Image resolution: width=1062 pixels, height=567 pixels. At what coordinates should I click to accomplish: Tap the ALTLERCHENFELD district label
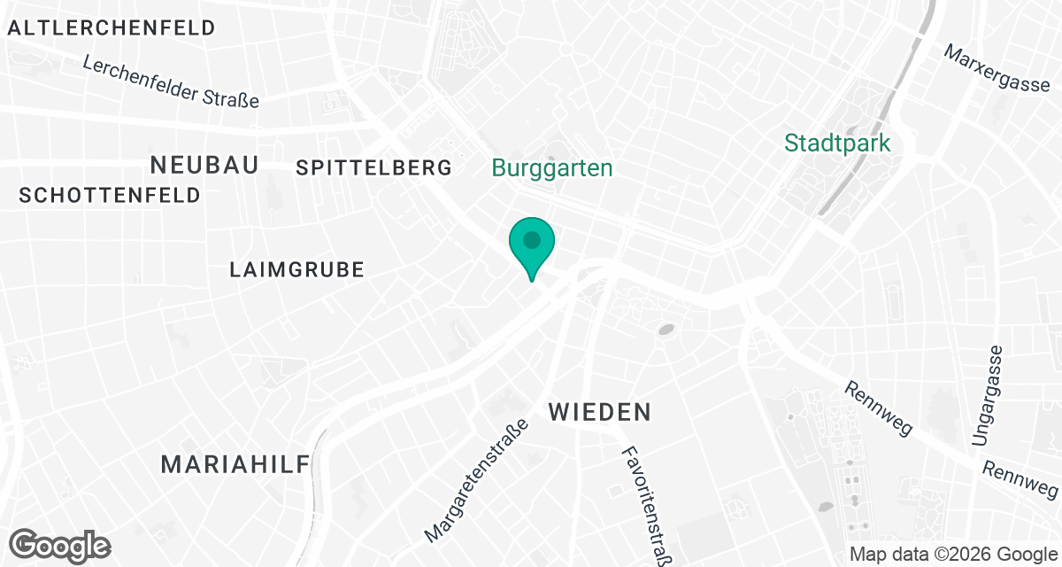[x=111, y=27]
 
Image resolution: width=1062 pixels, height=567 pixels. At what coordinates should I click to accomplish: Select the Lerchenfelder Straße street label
[x=171, y=82]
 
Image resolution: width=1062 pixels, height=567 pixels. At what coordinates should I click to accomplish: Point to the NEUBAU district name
[x=204, y=164]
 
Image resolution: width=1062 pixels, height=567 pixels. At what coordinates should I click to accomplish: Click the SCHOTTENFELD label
[x=110, y=196]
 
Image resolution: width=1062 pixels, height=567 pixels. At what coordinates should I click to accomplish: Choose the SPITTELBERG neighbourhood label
[x=373, y=167]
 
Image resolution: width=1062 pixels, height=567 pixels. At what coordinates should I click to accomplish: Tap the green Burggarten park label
[x=552, y=168]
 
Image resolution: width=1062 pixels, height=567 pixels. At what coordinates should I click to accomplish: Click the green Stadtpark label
[x=837, y=142]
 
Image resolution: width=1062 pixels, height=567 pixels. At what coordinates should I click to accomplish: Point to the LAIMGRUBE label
[x=296, y=269]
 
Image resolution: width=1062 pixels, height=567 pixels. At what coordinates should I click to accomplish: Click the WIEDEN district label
[x=600, y=412]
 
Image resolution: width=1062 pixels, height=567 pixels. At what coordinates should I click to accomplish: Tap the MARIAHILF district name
[x=236, y=463]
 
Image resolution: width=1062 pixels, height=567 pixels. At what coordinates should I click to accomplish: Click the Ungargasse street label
[x=988, y=394]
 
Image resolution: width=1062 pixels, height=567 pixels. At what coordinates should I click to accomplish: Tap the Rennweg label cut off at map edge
[x=1022, y=479]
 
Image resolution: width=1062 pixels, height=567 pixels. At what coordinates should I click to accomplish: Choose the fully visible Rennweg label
[x=878, y=409]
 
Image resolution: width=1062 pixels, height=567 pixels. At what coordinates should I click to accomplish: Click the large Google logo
[x=60, y=544]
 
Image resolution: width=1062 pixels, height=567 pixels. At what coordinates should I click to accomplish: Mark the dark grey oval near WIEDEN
[x=666, y=330]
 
